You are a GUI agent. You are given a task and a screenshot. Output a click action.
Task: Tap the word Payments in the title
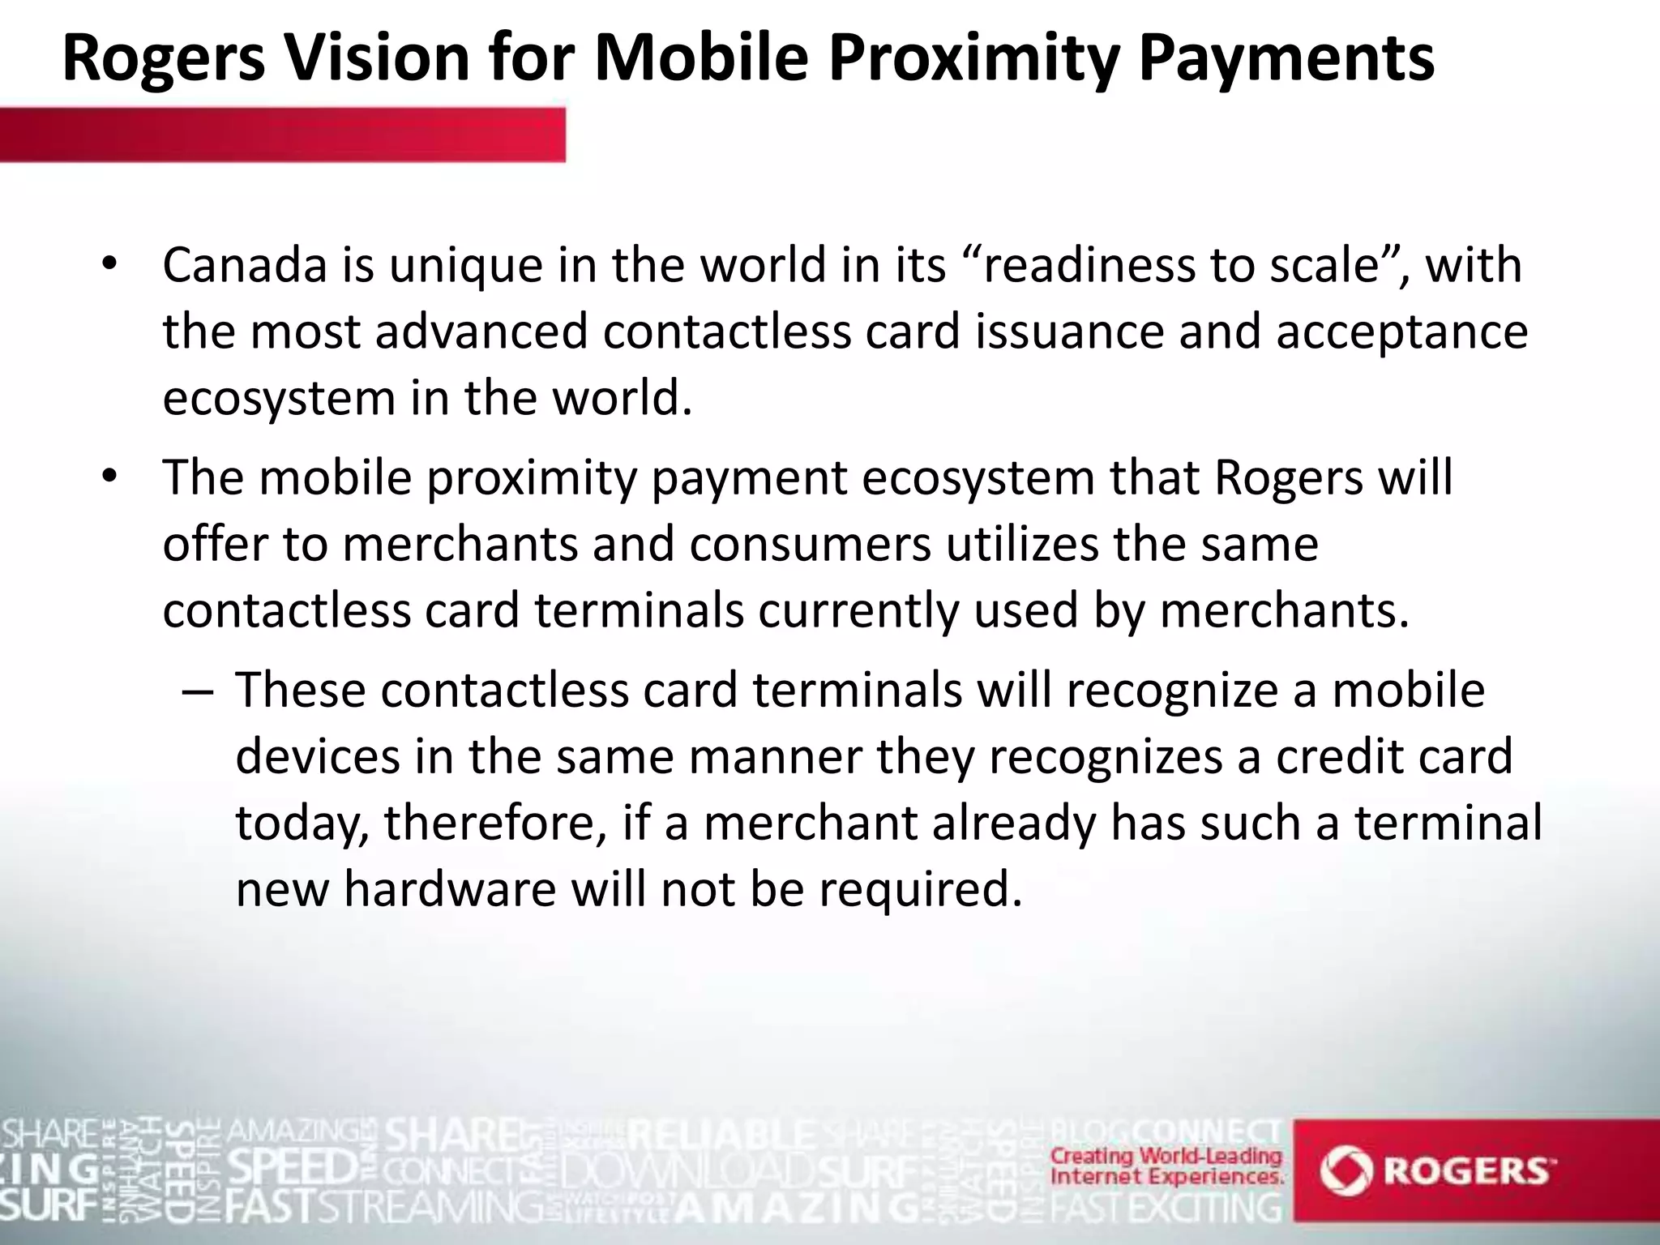pos(1286,58)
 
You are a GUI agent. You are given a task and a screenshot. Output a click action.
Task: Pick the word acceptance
pos(1401,332)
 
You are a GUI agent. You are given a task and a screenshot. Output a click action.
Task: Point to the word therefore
pos(494,823)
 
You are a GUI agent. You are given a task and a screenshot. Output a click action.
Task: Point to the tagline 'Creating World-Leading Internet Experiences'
pos(1166,1166)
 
